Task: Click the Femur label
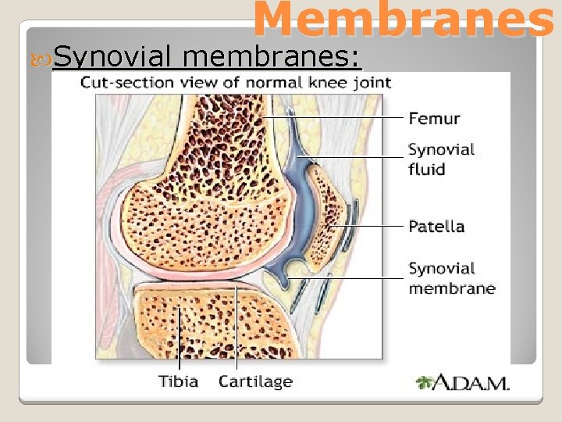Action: (434, 119)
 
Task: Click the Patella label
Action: (436, 227)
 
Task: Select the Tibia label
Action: (179, 381)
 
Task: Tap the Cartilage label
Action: (255, 381)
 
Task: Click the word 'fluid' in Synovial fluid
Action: (426, 169)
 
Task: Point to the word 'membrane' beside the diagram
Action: (451, 288)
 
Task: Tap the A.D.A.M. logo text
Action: (472, 383)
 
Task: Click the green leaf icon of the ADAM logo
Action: (425, 383)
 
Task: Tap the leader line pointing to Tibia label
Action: (179, 344)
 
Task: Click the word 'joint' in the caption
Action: (373, 82)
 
